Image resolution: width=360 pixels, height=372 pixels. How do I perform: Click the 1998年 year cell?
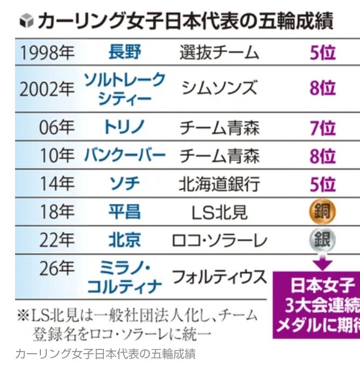[47, 53]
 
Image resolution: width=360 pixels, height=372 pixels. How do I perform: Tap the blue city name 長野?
[124, 52]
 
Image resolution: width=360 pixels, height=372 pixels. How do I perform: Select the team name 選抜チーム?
[219, 53]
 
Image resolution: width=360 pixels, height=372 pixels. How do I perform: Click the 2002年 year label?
[47, 89]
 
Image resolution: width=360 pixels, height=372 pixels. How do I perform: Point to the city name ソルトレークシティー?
[124, 89]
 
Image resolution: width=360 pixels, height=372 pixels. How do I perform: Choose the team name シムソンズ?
[219, 88]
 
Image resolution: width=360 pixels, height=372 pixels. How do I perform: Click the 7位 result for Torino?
[322, 128]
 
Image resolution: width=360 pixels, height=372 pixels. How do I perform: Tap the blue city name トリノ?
[124, 128]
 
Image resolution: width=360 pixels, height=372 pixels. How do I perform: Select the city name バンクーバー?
[124, 156]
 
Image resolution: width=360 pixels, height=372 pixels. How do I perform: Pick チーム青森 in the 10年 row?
[219, 156]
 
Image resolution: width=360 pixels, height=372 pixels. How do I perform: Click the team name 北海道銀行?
[219, 184]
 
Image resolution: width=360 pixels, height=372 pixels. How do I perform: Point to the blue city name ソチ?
[124, 184]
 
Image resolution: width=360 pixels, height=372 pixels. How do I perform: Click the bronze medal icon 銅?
[322, 212]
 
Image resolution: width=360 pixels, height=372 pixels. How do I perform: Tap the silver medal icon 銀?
[322, 240]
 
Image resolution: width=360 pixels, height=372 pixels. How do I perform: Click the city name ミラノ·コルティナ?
[124, 276]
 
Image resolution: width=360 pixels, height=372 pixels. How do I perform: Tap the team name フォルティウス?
[219, 277]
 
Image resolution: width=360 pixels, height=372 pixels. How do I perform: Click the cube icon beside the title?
[25, 22]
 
